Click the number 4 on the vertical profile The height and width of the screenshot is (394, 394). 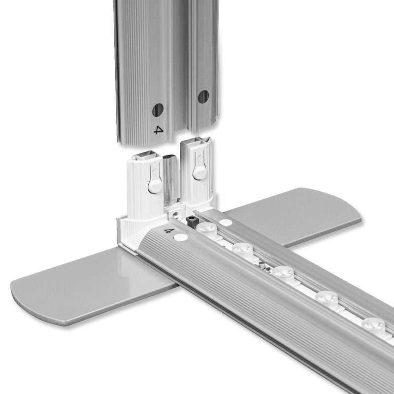158,130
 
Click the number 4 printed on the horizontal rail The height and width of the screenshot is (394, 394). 169,230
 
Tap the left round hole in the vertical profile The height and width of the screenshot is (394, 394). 158,110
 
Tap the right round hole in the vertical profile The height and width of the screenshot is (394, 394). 203,97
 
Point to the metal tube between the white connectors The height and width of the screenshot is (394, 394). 170,180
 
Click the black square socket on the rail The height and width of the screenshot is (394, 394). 192,222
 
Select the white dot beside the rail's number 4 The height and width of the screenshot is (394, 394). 181,237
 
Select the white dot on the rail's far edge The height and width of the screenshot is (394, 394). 226,223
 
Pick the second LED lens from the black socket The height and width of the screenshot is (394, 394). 242,249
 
